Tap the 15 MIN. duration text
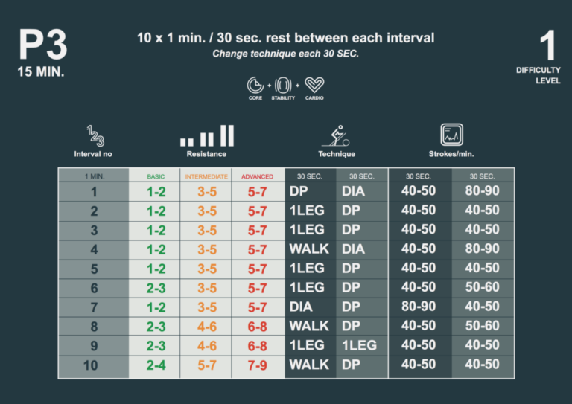42,72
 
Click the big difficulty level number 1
547,45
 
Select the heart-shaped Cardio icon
314,84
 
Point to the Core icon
255,84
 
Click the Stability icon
283,84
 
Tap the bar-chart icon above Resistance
206,135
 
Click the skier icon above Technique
336,135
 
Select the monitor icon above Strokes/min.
451,135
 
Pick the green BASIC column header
156,176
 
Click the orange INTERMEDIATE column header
206,176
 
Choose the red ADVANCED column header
257,176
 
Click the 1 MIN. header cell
94,176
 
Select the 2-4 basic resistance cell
156,365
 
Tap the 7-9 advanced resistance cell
258,365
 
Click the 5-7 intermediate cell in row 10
207,365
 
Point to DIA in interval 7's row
301,307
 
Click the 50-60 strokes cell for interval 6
482,287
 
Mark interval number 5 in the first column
94,268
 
